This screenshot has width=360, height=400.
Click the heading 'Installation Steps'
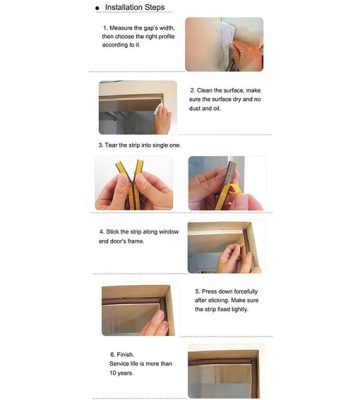(x=135, y=7)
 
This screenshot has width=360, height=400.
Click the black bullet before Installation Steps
(x=97, y=8)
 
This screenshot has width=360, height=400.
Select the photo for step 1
(x=224, y=44)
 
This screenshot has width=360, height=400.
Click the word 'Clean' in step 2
(x=204, y=90)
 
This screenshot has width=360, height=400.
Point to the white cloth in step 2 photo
(x=158, y=109)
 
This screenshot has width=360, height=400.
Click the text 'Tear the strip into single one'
(x=142, y=145)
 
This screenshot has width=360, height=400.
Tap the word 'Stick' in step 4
(x=113, y=232)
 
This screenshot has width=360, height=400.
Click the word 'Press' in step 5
(x=210, y=291)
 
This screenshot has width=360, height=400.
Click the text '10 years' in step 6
(x=121, y=373)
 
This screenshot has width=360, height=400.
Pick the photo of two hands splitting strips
(x=134, y=183)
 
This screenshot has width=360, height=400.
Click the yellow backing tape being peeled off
(x=227, y=196)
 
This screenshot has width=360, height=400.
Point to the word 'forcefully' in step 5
(x=245, y=292)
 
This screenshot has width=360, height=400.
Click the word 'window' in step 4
(x=169, y=232)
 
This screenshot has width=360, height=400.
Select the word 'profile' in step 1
(x=164, y=36)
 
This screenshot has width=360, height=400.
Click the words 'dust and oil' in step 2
(x=205, y=108)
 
